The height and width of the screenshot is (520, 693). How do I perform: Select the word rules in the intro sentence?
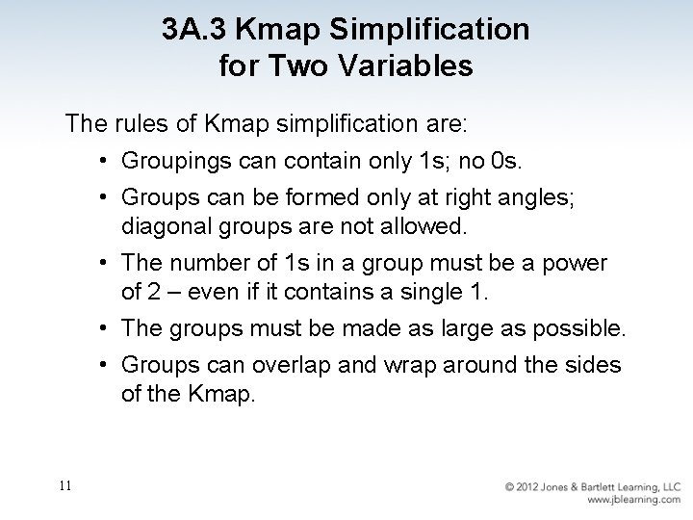coord(142,124)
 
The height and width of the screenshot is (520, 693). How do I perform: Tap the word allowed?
coord(423,227)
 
